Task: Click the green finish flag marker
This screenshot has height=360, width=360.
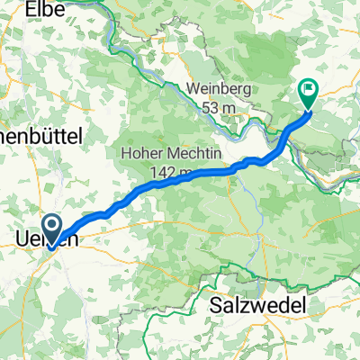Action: coord(308,90)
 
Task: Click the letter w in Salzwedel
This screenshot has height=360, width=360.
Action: coord(260,306)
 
